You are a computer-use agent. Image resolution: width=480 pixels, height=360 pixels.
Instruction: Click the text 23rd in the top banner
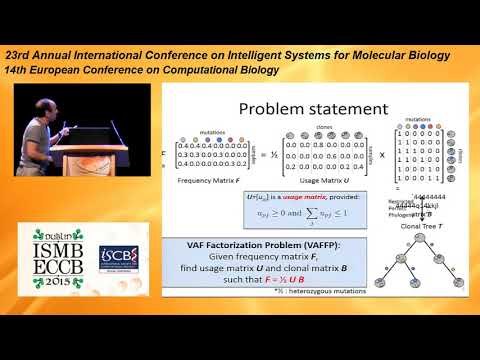point(18,53)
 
